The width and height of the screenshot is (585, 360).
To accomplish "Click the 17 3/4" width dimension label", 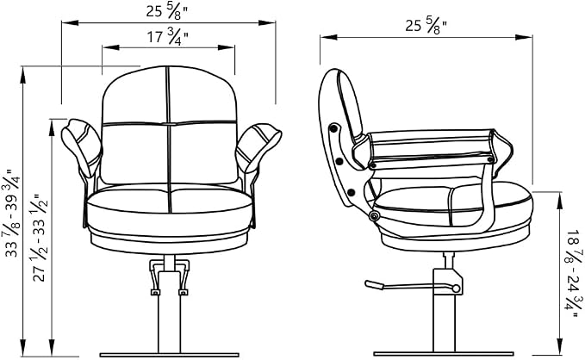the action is click(x=167, y=37).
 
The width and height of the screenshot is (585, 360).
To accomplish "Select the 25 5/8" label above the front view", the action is click(x=166, y=11).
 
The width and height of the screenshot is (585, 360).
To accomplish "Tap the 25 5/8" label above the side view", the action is click(x=426, y=26).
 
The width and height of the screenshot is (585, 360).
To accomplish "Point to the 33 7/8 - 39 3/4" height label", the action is click(x=15, y=214).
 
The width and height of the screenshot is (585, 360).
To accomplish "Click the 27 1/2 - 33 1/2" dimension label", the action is click(x=40, y=237).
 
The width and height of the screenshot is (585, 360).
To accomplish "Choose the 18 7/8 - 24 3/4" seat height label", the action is click(x=574, y=274).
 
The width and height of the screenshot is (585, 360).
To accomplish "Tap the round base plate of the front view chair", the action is click(x=169, y=355).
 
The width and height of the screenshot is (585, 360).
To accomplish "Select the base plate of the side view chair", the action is click(x=444, y=354).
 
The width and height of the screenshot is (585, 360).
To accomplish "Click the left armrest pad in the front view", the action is click(x=81, y=147).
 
